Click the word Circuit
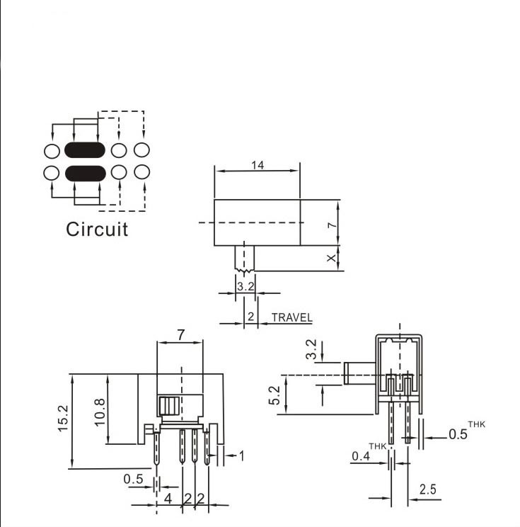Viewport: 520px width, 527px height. (x=97, y=229)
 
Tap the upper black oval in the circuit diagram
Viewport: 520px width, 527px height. (x=85, y=150)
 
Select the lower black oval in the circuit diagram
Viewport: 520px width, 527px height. (x=85, y=172)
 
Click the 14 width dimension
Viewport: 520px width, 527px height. (x=258, y=165)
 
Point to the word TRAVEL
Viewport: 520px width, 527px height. (x=291, y=318)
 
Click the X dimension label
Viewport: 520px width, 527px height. (x=331, y=259)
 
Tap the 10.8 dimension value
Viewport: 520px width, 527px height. (x=99, y=411)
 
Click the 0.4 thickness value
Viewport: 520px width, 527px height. (x=361, y=458)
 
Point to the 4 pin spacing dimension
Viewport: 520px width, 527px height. (x=168, y=498)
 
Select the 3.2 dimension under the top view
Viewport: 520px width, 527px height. (x=245, y=287)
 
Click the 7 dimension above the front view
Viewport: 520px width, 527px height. (x=180, y=336)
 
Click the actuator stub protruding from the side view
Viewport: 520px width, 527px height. (x=359, y=373)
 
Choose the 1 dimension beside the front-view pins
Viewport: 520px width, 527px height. (x=241, y=455)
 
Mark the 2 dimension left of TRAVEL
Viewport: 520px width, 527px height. (x=250, y=317)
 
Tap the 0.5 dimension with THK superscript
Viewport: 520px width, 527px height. (x=458, y=434)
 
